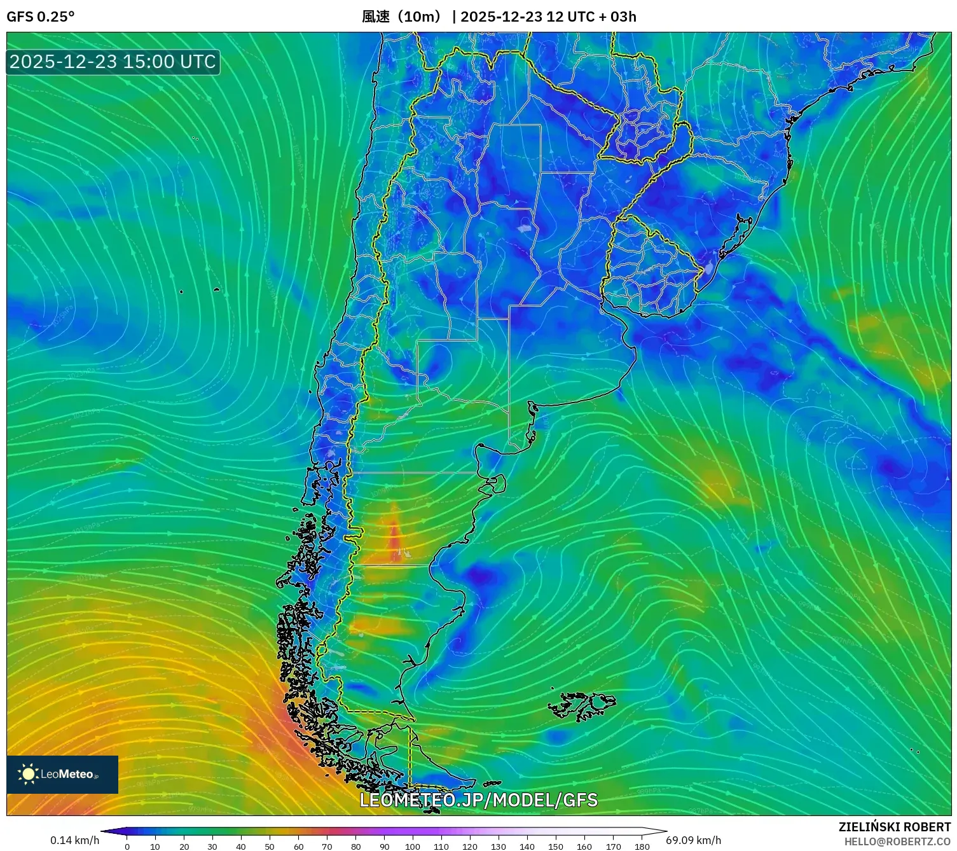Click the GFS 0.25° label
point(40,17)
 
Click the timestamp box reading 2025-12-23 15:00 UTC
point(113,62)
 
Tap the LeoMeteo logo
point(62,774)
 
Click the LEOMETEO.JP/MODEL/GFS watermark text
point(478,799)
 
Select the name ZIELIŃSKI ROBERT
point(894,827)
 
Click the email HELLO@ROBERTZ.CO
point(897,841)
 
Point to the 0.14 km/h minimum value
point(74,840)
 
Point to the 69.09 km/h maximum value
point(693,840)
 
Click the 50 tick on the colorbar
point(270,846)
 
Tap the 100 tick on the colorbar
point(413,846)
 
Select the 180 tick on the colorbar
point(642,846)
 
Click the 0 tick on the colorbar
point(127,846)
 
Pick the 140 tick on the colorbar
point(527,846)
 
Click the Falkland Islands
point(582,705)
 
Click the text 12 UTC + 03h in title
point(591,17)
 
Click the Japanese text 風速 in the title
point(375,17)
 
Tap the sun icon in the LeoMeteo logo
point(28,774)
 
